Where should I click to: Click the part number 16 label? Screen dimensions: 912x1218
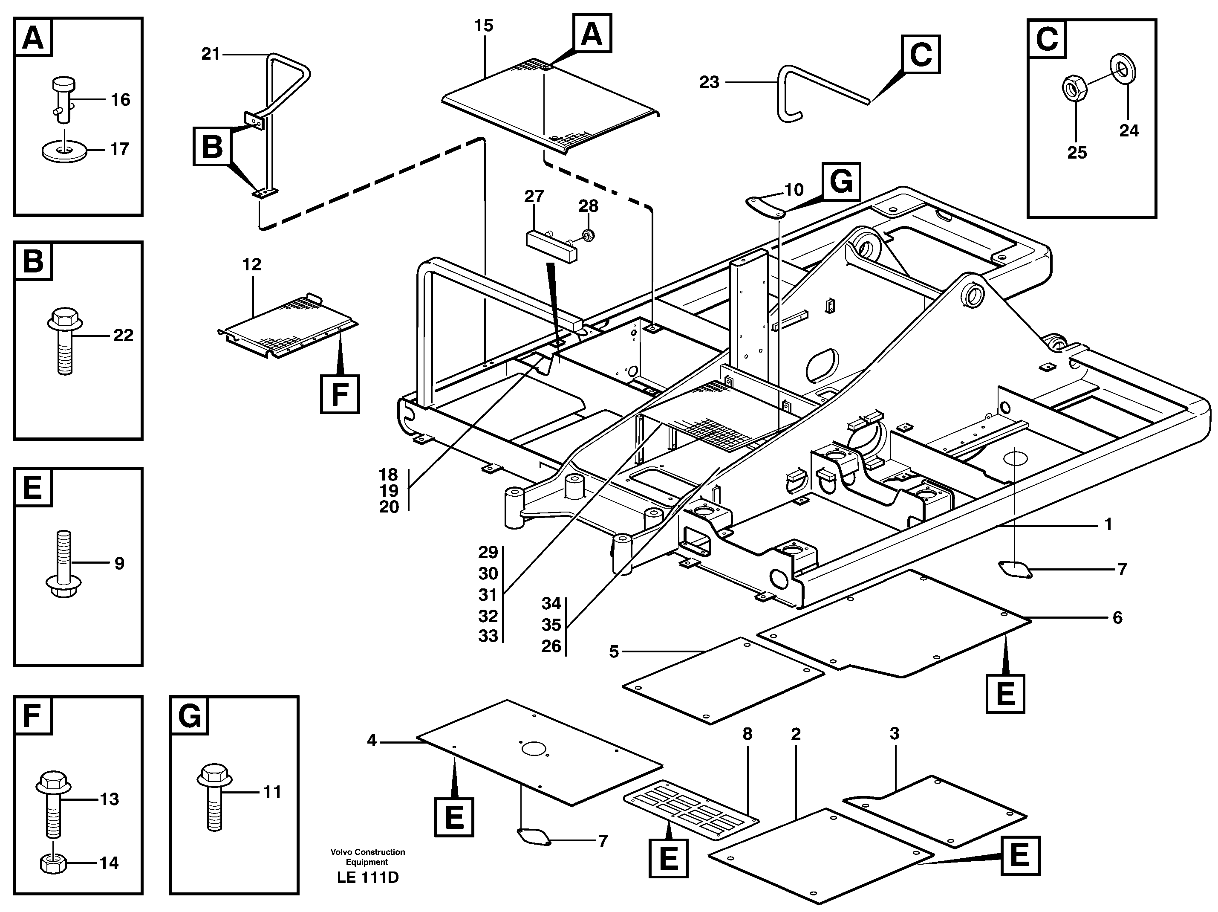click(120, 100)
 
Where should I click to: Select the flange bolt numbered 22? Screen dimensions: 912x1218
click(65, 340)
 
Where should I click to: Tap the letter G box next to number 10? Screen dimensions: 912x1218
click(841, 182)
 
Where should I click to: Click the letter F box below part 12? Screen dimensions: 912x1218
click(340, 394)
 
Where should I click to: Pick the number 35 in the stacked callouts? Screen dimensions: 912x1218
click(551, 625)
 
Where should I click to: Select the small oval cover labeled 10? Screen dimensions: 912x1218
click(765, 207)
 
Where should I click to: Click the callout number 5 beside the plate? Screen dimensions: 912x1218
click(614, 652)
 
